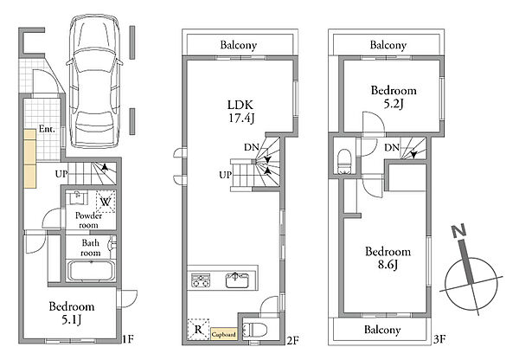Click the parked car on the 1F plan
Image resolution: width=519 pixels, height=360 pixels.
pyautogui.click(x=94, y=81)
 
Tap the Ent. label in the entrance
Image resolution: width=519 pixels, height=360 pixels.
pyautogui.click(x=47, y=129)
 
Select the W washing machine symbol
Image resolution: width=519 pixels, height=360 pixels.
pyautogui.click(x=106, y=202)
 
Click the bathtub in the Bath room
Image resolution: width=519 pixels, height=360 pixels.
pyautogui.click(x=91, y=271)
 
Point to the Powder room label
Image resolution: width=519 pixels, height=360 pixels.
pyautogui.click(x=88, y=220)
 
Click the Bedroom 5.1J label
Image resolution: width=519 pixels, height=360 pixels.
pyautogui.click(x=72, y=312)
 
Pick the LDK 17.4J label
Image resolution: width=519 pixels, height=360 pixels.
pyautogui.click(x=240, y=112)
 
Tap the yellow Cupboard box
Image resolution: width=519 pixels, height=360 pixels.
pyautogui.click(x=224, y=335)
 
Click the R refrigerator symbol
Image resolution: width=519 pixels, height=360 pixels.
pyautogui.click(x=198, y=329)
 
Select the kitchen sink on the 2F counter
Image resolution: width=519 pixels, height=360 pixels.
pyautogui.click(x=237, y=280)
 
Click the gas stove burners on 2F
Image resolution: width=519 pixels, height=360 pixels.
pyautogui.click(x=201, y=280)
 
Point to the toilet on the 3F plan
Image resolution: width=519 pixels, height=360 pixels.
pyautogui.click(x=344, y=161)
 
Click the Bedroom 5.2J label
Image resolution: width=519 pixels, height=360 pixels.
pyautogui.click(x=394, y=97)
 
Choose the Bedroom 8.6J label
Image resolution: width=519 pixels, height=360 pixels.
pyautogui.click(x=388, y=258)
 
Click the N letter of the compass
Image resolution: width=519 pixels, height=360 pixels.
pyautogui.click(x=459, y=231)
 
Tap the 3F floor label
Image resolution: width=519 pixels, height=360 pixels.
pyautogui.click(x=440, y=339)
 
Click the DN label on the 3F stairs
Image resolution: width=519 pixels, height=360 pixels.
pyautogui.click(x=392, y=147)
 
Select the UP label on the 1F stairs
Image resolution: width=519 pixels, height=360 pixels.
pyautogui.click(x=61, y=174)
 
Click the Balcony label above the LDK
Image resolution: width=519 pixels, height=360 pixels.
pyautogui.click(x=239, y=45)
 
